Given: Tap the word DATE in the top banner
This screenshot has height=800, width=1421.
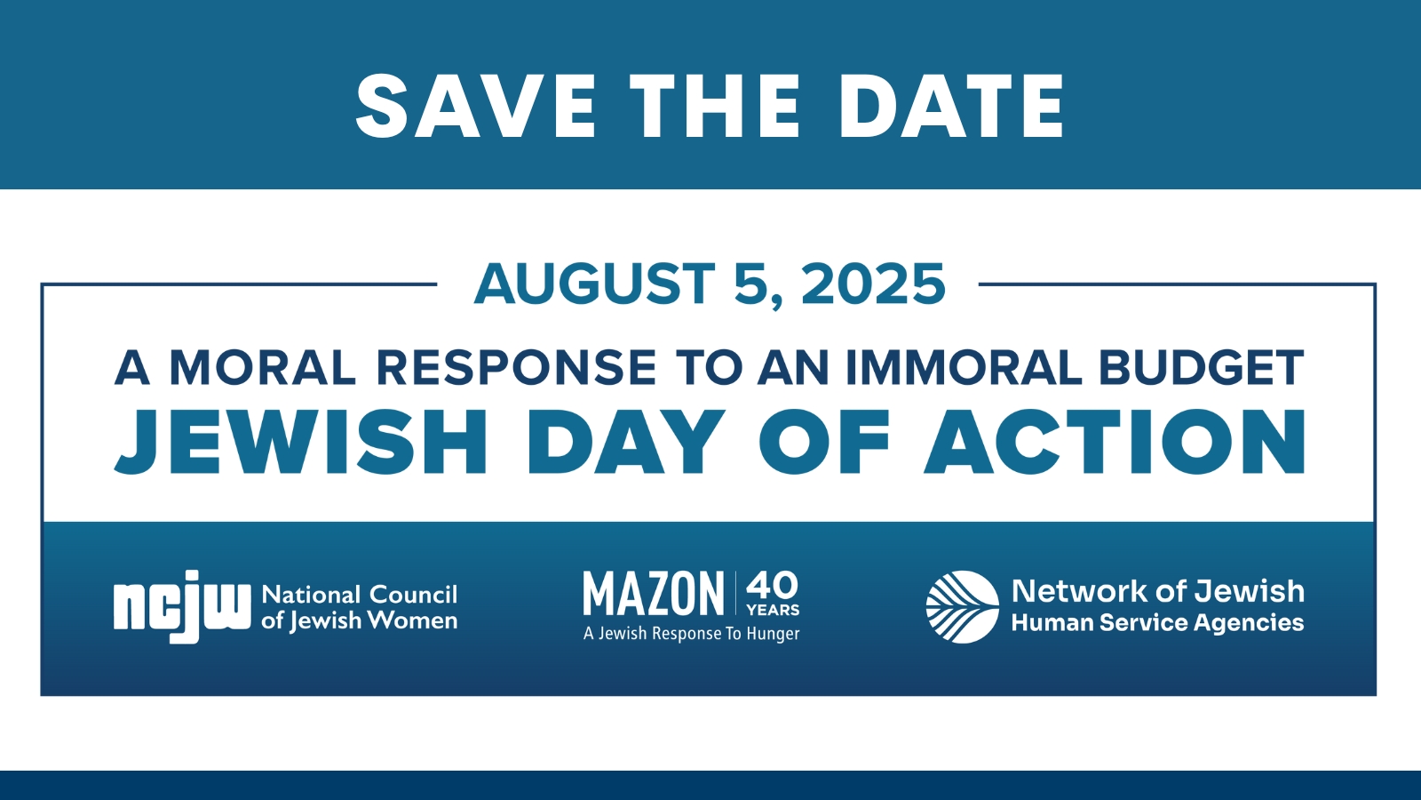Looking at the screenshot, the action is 951,106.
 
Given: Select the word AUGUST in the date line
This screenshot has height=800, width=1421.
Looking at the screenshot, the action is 594,284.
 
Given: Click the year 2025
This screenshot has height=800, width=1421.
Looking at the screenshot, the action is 874,284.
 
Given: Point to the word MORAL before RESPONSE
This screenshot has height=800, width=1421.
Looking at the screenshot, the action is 263,368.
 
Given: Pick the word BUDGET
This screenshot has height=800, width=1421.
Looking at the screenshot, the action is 1201,368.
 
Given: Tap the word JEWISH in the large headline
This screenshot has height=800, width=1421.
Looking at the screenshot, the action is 300,443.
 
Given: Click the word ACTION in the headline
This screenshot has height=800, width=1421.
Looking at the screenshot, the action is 1115,443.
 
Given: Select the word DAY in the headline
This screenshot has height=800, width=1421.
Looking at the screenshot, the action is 626,443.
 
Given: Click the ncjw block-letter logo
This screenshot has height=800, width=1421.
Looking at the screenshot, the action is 182,606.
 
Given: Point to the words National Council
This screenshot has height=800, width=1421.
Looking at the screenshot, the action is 360,595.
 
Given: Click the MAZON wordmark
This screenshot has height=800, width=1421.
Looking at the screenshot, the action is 654,593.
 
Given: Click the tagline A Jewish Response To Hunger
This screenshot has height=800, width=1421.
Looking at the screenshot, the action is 692,634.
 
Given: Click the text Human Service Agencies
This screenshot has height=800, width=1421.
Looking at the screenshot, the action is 1158,623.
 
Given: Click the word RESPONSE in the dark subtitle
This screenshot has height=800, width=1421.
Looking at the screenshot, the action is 516,368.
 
